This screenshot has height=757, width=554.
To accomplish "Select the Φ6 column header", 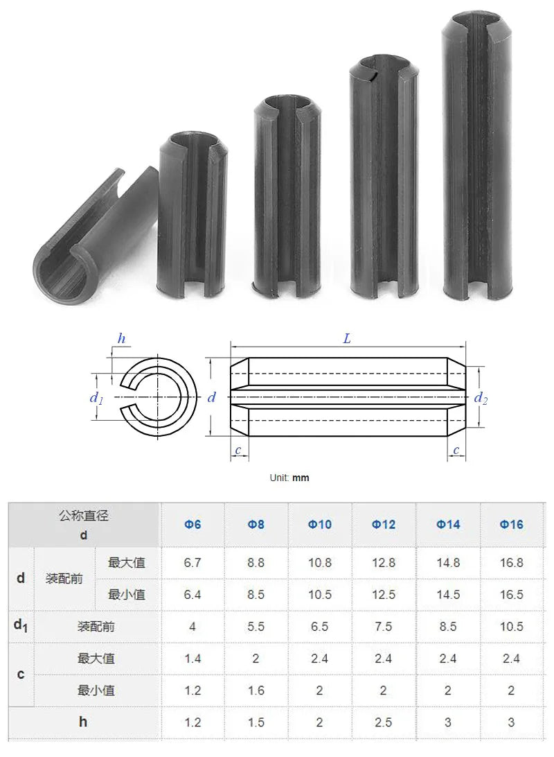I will pos(193,525).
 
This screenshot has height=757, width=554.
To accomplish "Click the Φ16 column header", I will pos(512,525).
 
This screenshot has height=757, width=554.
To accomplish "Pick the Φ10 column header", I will pos(320,525).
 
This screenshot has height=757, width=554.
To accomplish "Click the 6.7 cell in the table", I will pos(193,563).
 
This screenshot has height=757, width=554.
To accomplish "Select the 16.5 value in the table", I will pos(512,595).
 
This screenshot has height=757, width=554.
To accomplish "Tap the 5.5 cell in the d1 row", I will pos(256,627).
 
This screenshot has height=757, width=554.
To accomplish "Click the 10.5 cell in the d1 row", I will pos(512,627).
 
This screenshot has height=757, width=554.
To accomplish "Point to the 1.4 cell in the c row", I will pos(193,659).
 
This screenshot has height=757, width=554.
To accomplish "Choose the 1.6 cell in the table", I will pos(256,690).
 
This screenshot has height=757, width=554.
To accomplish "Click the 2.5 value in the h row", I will pos(384,722).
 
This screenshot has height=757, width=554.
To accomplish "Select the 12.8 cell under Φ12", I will pos(384,563).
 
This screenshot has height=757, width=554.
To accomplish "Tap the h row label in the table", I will pos(83,722).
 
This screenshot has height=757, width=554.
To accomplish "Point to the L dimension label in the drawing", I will pos(347,339).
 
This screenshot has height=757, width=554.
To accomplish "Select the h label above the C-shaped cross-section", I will pos(122,339).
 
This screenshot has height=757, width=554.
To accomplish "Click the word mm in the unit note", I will pos(301,478).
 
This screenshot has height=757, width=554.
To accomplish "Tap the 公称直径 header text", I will pos(84,516).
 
